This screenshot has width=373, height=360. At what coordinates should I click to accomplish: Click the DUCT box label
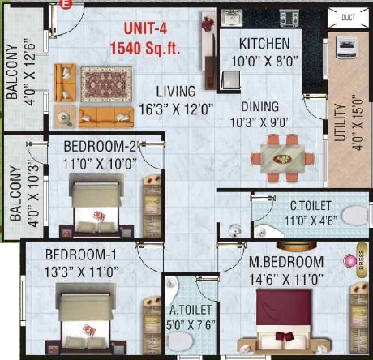point(349,15)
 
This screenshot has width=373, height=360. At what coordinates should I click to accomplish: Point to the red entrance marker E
point(68,5)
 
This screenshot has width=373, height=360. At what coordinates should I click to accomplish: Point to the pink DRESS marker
point(352,261)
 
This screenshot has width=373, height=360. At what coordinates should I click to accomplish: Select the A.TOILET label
point(193,309)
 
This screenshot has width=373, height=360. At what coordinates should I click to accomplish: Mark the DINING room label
point(259,106)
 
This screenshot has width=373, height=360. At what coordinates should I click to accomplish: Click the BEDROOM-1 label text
point(71,254)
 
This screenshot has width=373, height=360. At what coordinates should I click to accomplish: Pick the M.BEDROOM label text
point(287,262)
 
